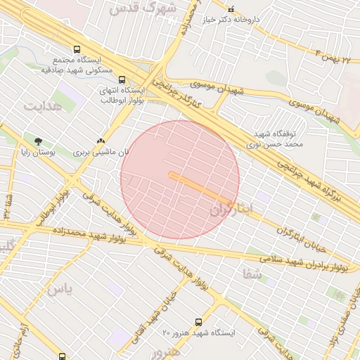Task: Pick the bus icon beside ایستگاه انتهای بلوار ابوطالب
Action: (x=122, y=80)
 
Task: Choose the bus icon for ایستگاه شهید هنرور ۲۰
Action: (x=198, y=321)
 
